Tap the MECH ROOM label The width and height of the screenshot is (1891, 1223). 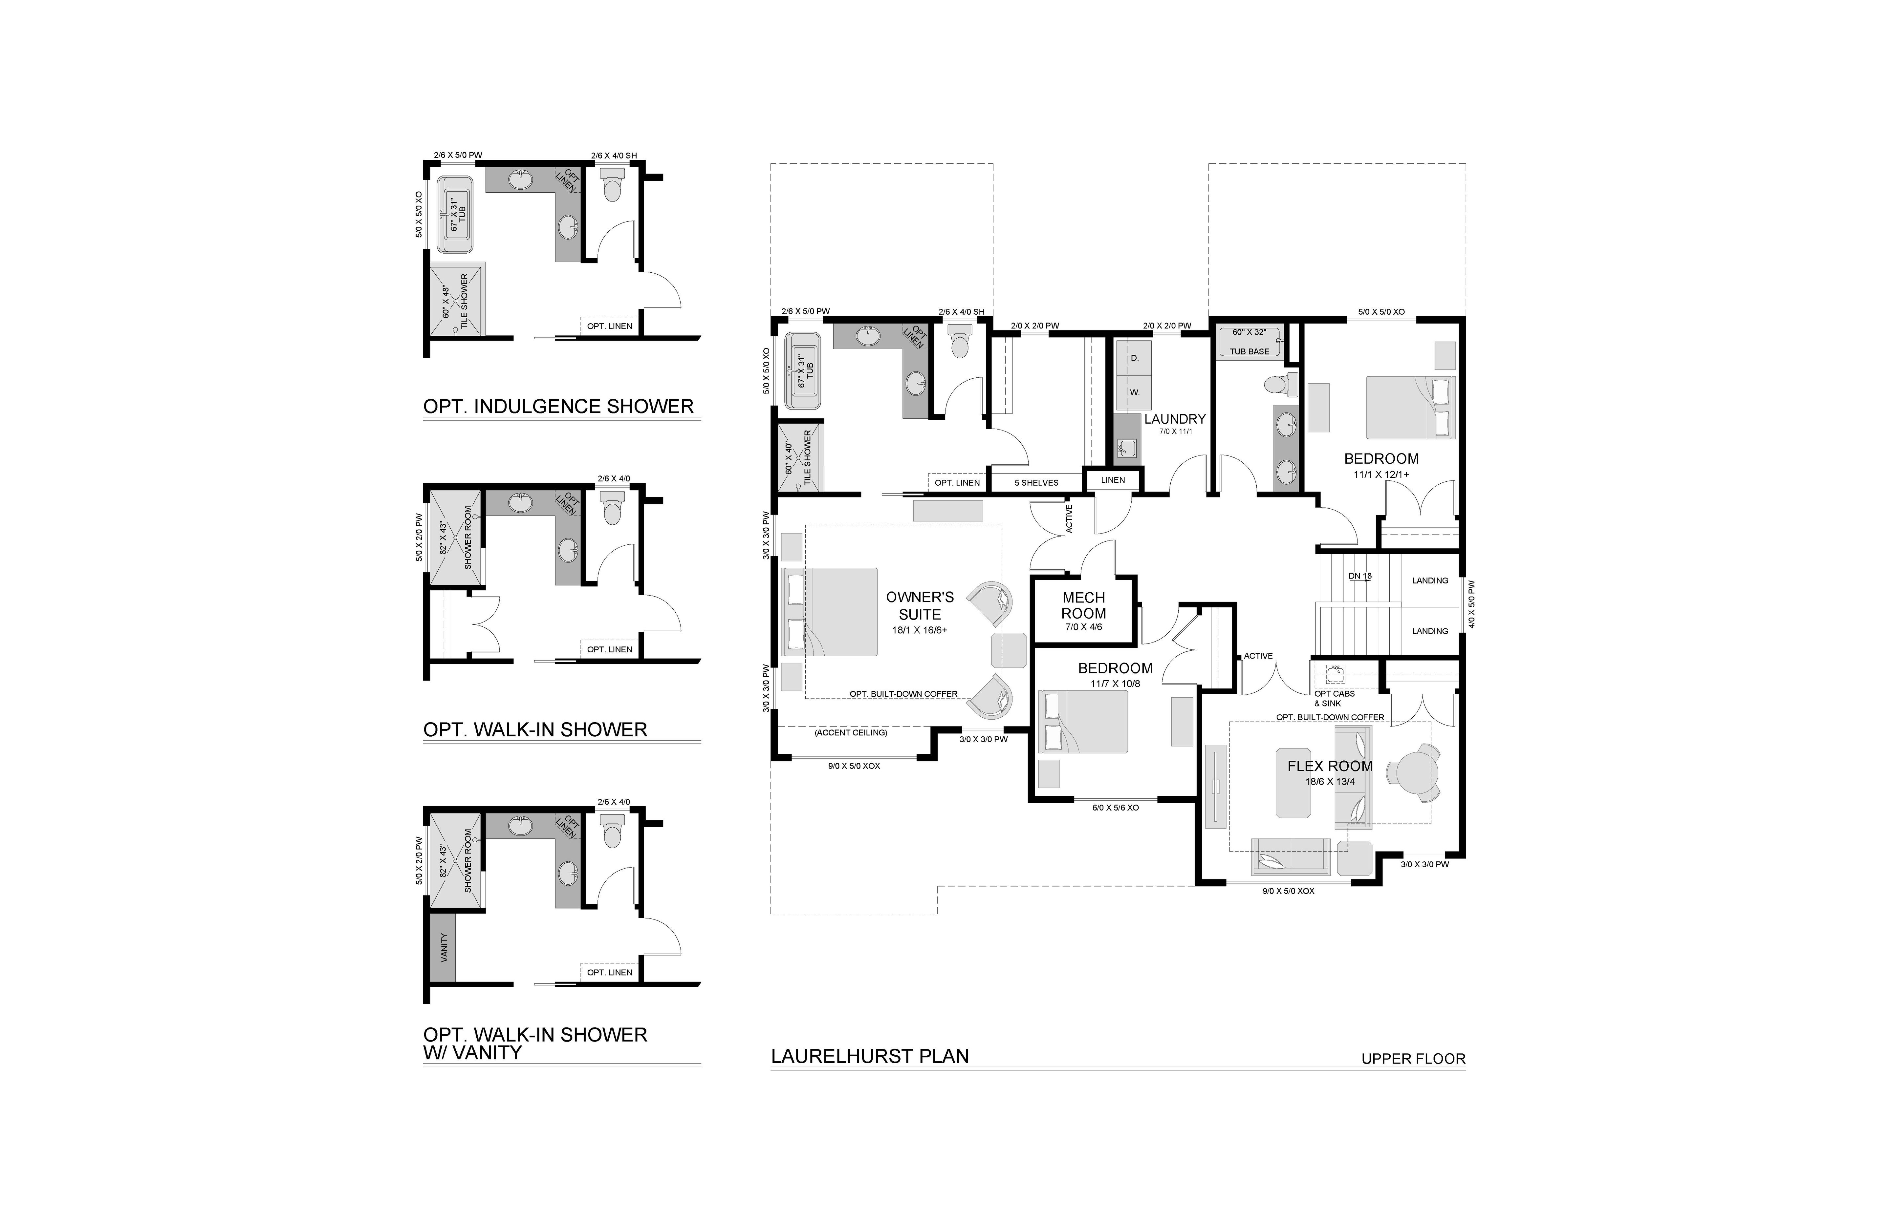coord(1084,605)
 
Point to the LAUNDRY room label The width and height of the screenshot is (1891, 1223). coord(1175,418)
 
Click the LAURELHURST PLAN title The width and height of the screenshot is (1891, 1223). coord(870,1056)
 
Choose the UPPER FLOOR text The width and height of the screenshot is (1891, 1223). coord(1413,1059)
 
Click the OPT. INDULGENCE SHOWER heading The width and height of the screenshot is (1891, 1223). coord(558,407)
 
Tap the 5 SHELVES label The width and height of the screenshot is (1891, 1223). coord(1036,483)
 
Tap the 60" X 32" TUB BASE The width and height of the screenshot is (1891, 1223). coord(1250,342)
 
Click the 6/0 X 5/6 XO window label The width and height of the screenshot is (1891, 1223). coord(1116,808)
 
